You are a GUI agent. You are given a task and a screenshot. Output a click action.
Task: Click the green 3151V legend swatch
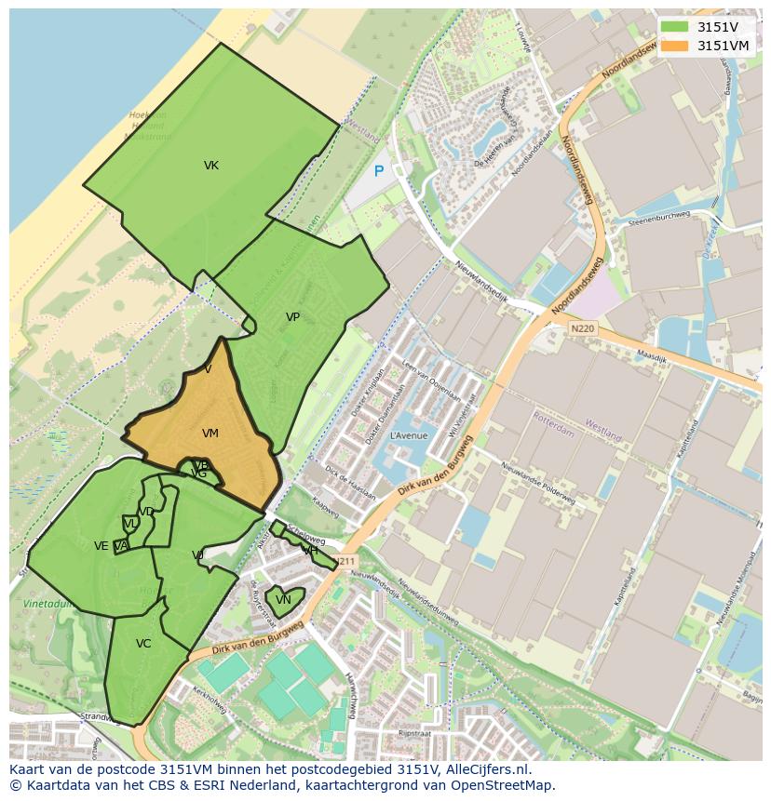pyautogui.click(x=675, y=27)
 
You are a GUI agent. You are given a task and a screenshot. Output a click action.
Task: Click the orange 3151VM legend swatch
pyautogui.click(x=675, y=46)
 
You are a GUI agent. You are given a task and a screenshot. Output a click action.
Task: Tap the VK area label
pyautogui.click(x=211, y=166)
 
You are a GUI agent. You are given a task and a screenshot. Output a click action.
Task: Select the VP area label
pyautogui.click(x=292, y=317)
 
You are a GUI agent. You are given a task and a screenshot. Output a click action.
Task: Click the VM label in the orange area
pyautogui.click(x=210, y=434)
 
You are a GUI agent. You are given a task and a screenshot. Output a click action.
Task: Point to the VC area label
pyautogui.click(x=143, y=644)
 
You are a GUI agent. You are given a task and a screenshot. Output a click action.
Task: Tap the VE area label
pyautogui.click(x=101, y=546)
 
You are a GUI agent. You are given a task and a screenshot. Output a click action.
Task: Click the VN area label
pyautogui.click(x=283, y=600)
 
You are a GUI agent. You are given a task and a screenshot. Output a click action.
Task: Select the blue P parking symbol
pyautogui.click(x=378, y=171)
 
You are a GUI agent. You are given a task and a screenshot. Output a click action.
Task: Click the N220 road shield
pyautogui.click(x=582, y=328)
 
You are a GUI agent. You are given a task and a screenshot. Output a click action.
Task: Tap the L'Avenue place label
pyautogui.click(x=408, y=435)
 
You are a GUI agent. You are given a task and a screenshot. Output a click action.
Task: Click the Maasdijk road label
pyautogui.click(x=654, y=355)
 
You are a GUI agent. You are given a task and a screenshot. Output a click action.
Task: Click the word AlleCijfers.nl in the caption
pyautogui.click(x=488, y=769)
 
